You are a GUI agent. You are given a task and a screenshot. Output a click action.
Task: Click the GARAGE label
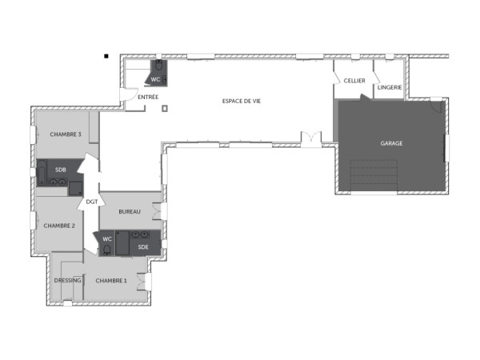[x=391, y=143]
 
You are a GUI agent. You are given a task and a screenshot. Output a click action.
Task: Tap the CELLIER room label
[x=354, y=81]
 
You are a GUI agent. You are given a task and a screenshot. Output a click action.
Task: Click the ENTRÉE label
[x=148, y=97]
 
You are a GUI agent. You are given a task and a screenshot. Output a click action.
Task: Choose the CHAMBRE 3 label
[x=66, y=134]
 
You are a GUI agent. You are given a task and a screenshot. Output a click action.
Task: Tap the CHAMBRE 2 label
[x=58, y=225]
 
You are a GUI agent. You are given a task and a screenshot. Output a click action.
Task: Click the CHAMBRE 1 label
[x=110, y=281]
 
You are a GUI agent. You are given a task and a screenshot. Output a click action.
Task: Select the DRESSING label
[x=68, y=281]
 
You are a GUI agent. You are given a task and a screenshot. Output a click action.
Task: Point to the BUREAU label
[x=129, y=211]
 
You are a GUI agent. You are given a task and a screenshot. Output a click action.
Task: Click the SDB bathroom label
[x=60, y=170]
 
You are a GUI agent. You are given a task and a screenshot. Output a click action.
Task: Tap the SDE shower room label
[x=143, y=247]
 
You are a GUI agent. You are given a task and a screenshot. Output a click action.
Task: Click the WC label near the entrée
[x=156, y=79]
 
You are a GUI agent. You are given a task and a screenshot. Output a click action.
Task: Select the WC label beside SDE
[x=107, y=238]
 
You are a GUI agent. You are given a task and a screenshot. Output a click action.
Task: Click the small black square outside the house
[x=106, y=56]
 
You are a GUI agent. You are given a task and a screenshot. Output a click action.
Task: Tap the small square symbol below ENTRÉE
[x=164, y=108]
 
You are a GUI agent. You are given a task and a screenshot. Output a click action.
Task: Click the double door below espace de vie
[x=310, y=138]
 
